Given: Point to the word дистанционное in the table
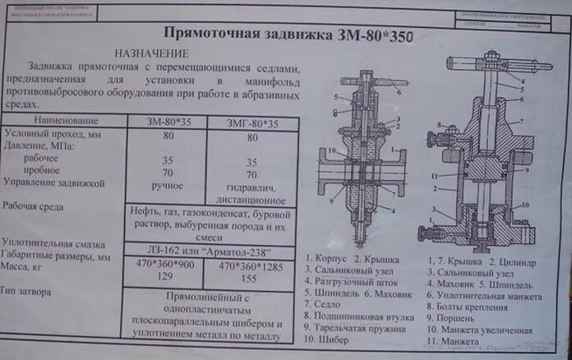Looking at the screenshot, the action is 250,199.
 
